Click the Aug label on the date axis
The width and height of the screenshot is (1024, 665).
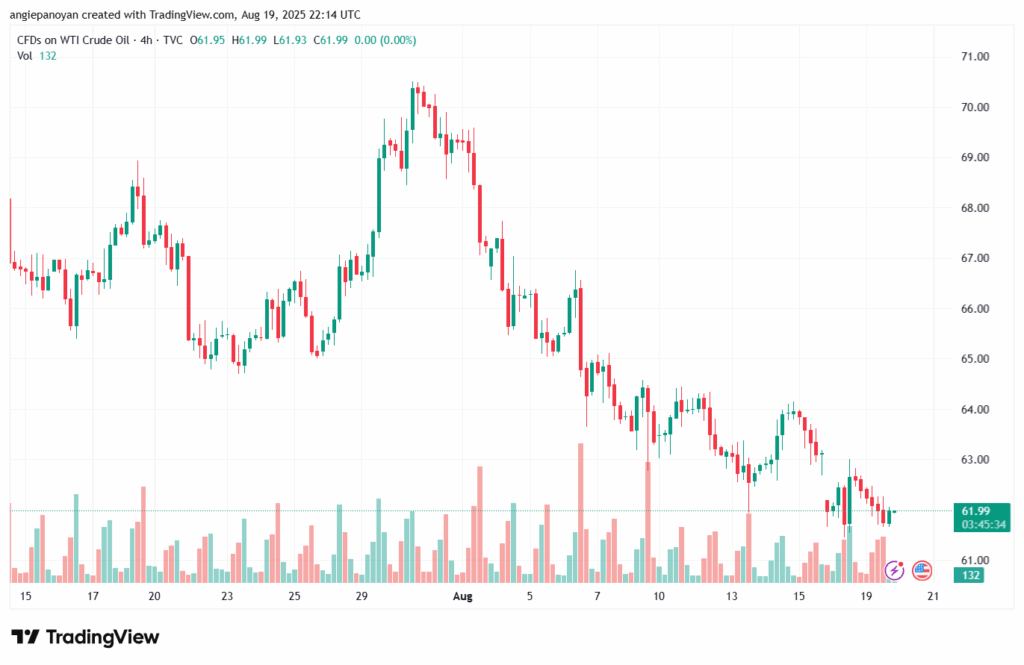click(462, 596)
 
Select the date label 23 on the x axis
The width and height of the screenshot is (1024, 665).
click(227, 596)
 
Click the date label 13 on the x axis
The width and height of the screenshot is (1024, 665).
click(732, 596)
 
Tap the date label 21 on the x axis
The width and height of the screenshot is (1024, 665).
click(933, 596)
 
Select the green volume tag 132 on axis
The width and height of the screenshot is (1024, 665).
click(968, 575)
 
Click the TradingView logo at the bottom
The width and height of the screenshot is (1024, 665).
click(85, 637)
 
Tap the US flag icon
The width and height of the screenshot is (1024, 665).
click(922, 570)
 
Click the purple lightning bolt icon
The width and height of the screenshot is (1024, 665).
click(895, 570)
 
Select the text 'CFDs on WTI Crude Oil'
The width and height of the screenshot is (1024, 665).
click(75, 40)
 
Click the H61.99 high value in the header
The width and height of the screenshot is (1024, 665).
click(250, 40)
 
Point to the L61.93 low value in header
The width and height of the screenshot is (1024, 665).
click(291, 40)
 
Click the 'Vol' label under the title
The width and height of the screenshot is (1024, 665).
click(25, 55)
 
